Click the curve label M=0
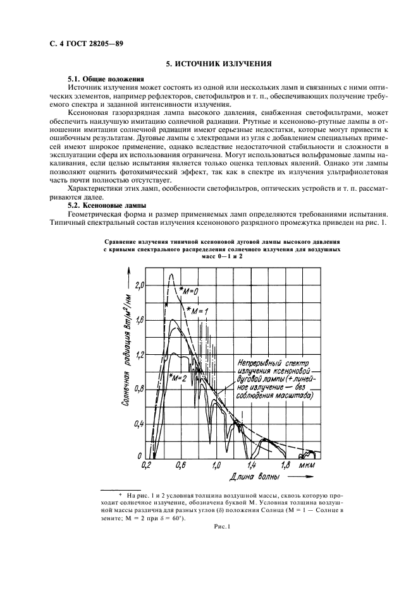191,290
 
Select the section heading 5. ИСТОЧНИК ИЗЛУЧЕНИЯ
218,64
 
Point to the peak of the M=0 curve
171,274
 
